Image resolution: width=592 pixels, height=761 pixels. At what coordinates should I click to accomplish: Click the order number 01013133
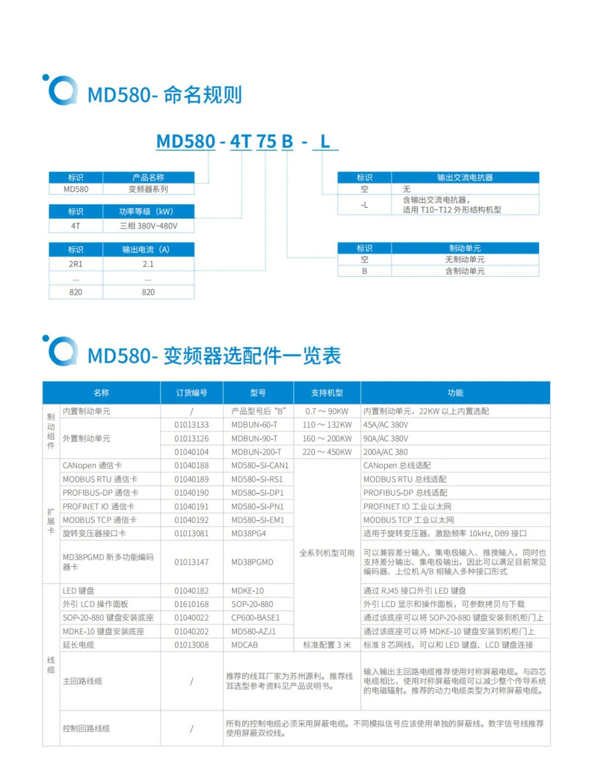click(191, 425)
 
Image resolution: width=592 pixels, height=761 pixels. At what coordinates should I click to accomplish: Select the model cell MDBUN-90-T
click(254, 439)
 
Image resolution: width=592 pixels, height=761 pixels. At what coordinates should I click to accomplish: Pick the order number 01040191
click(191, 507)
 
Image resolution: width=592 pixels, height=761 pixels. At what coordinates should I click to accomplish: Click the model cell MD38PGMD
click(252, 562)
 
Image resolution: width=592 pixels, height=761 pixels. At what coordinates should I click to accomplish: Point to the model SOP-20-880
click(252, 604)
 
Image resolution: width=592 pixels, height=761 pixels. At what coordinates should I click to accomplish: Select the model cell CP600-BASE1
click(255, 618)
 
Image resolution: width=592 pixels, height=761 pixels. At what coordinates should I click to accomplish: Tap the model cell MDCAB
click(244, 645)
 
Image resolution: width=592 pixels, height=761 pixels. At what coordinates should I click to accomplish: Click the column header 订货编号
click(191, 393)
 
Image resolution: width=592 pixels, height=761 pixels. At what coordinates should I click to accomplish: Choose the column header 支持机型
click(327, 393)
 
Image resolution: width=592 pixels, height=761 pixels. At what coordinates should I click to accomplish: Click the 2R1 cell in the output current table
click(76, 264)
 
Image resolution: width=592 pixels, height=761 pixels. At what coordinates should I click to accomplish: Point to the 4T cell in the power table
click(76, 226)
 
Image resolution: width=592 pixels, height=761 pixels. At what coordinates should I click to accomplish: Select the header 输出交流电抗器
click(465, 178)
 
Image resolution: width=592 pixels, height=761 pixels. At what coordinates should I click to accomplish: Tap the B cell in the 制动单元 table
click(365, 271)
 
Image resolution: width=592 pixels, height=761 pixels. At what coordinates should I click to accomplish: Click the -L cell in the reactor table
click(365, 205)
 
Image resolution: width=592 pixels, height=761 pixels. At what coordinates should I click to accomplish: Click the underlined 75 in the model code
click(266, 141)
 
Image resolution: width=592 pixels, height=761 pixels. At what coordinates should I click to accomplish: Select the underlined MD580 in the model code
click(186, 141)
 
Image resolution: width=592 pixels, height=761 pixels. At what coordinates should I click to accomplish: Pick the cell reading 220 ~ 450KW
click(327, 452)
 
